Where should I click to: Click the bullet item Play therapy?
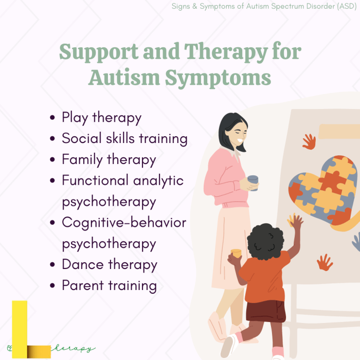pyautogui.click(x=101, y=117)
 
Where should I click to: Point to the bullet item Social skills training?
pyautogui.click(x=124, y=138)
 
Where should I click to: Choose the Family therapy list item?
pyautogui.click(x=109, y=159)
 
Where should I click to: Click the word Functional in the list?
pyautogui.click(x=95, y=181)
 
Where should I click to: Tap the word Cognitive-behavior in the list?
pyautogui.click(x=124, y=222)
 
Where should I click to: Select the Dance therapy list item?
pyautogui.click(x=109, y=264)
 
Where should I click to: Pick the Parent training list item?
pyautogui.click(x=109, y=285)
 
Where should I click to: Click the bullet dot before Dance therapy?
pyautogui.click(x=52, y=265)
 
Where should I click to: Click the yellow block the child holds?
pyautogui.click(x=236, y=253)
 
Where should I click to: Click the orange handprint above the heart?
pyautogui.click(x=309, y=141)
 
